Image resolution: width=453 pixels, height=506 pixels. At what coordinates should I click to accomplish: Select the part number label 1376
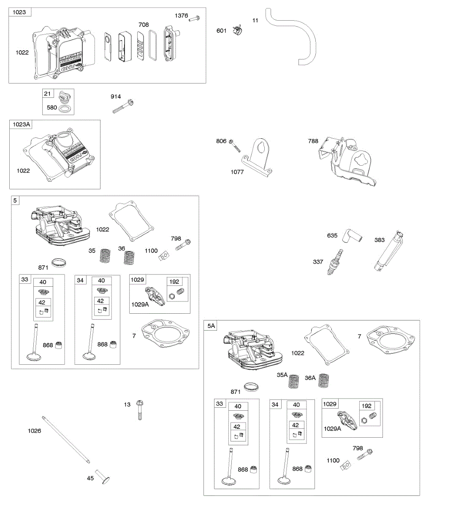coord(182,16)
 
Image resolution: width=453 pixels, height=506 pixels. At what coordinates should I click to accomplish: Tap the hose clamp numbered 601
coord(238,30)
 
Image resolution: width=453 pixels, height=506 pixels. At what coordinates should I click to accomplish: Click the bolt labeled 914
coord(123,105)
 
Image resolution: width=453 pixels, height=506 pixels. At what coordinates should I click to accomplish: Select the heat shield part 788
coord(346,162)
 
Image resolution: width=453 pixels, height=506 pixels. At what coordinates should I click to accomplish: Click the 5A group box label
coord(211,326)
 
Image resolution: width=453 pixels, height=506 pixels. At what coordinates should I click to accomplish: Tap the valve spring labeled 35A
coord(295,381)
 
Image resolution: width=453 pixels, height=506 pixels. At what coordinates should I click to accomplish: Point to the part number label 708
coord(144,24)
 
